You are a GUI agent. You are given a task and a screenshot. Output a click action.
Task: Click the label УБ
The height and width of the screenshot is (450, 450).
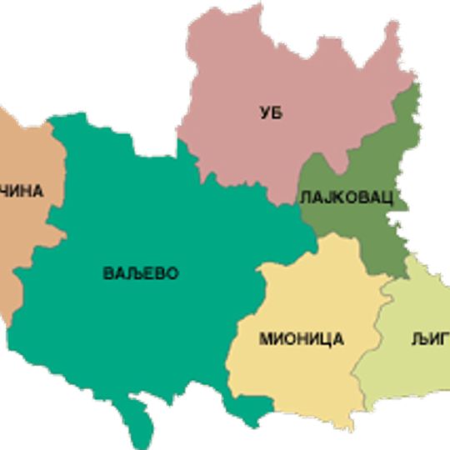(271, 112)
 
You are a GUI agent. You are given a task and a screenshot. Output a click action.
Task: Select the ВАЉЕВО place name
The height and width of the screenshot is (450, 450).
(141, 273)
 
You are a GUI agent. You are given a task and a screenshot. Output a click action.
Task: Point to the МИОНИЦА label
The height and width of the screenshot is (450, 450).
(301, 338)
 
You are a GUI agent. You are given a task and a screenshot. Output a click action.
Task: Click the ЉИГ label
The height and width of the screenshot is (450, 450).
(430, 338)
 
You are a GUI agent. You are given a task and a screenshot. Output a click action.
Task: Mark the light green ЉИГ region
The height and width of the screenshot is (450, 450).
(408, 375)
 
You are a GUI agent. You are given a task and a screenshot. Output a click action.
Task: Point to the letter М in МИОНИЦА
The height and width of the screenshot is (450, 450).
(266, 338)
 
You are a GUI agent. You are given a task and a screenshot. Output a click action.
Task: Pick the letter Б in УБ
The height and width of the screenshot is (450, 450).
(277, 112)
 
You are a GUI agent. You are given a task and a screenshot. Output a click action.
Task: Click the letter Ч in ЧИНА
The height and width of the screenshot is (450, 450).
(4, 191)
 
